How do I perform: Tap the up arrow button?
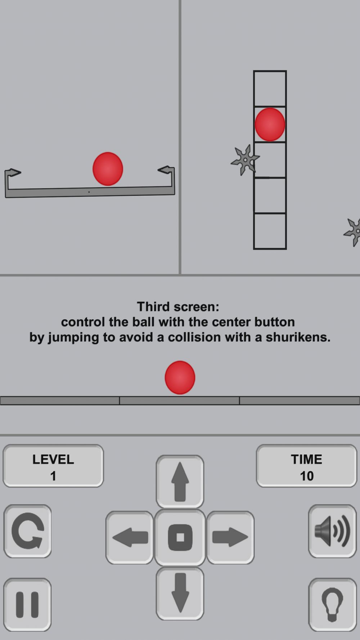point(180,482)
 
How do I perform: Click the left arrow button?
point(130,537)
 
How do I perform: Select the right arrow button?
point(230,537)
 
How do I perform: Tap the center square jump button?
point(180,537)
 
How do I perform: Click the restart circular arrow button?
point(27,531)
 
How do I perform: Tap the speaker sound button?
point(332,531)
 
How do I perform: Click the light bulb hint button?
point(332,605)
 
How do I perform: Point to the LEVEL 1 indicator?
point(53,466)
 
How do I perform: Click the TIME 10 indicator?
point(307,466)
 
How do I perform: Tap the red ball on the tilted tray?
point(108,169)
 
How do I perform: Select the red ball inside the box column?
point(270,124)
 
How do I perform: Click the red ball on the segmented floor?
point(180,378)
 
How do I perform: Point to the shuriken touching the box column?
point(245,159)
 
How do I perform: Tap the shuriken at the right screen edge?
point(353,232)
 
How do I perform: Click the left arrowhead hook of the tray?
point(12,173)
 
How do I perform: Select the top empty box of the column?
point(270,89)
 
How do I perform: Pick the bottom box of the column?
point(270,231)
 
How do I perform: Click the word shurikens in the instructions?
point(298,337)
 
